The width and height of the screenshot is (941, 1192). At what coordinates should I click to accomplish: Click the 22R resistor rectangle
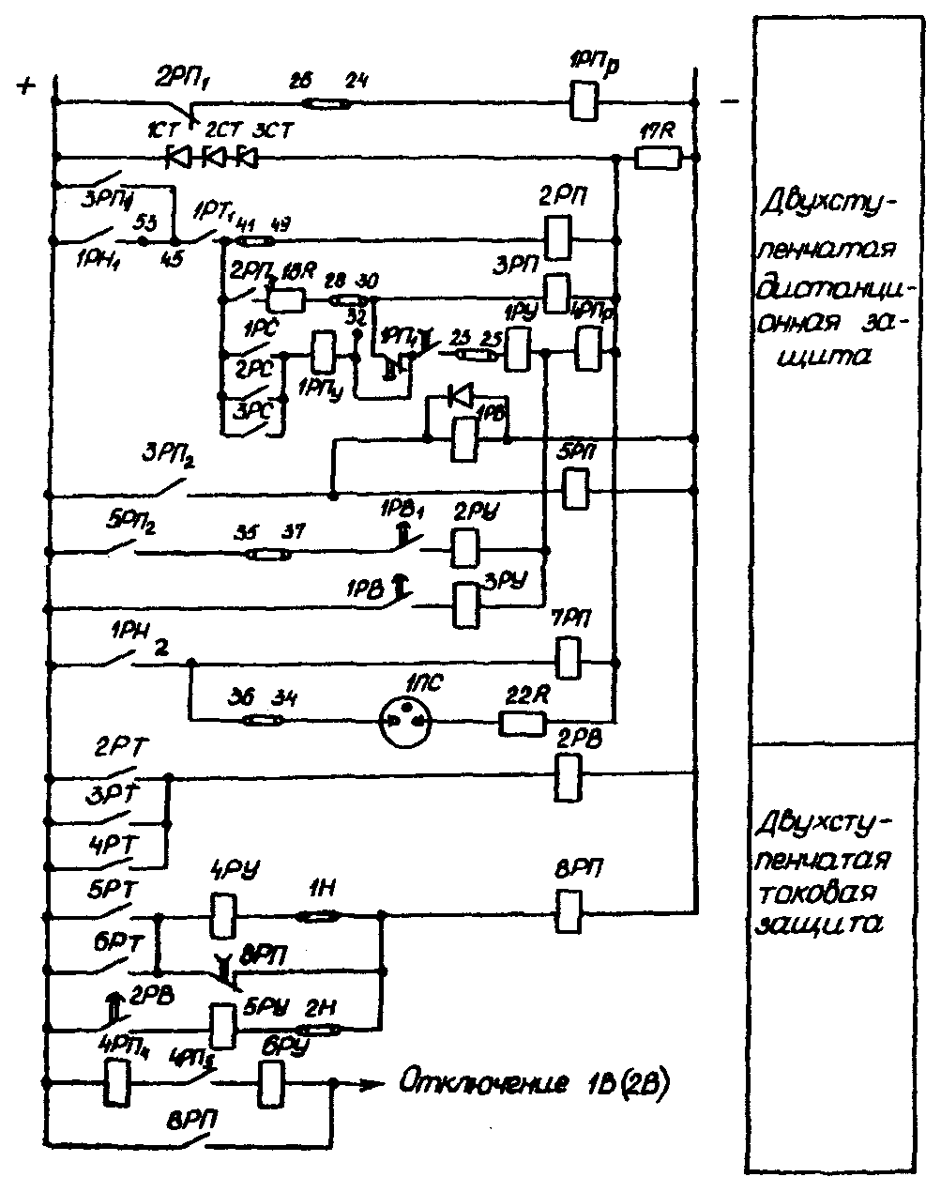click(523, 722)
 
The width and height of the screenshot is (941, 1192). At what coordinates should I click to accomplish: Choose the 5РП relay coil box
click(574, 487)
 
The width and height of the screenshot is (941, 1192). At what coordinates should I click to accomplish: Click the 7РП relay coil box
click(569, 657)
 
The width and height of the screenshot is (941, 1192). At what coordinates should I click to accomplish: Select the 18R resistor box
click(285, 299)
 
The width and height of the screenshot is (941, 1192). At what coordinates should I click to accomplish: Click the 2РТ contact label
click(116, 750)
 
